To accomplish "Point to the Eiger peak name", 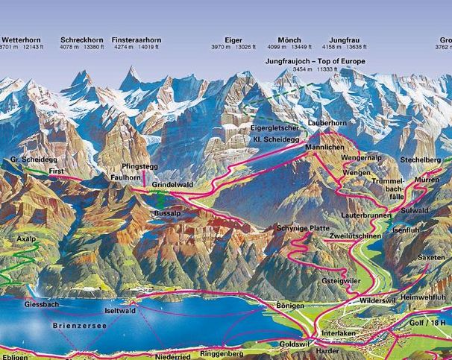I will (233, 39).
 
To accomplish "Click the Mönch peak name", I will (289, 39).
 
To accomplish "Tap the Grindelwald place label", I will (172, 183).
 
